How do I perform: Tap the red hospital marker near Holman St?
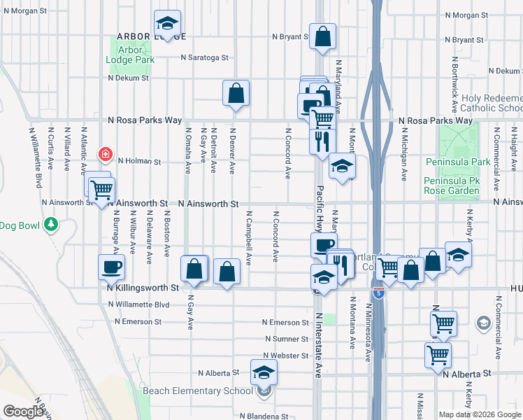click(106, 153)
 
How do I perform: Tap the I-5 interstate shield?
click(378, 293)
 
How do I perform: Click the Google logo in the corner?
click(22, 412)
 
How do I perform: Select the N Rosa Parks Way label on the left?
click(145, 120)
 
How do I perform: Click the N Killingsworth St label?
click(143, 288)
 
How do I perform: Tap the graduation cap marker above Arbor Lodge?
click(167, 23)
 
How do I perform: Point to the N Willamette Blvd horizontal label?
click(140, 304)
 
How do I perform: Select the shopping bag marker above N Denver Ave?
click(236, 92)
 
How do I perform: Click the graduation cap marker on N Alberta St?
click(264, 372)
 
